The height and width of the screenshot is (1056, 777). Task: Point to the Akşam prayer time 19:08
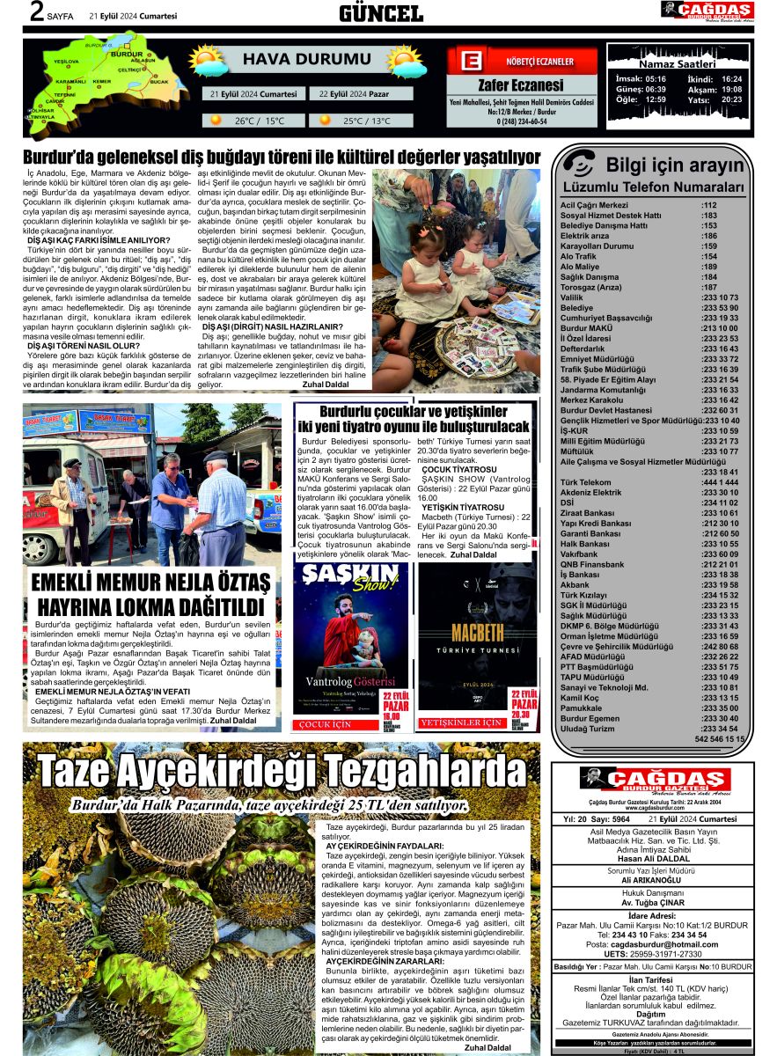[x=731, y=89]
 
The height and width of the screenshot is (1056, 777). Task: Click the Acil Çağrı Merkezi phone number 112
[x=709, y=205]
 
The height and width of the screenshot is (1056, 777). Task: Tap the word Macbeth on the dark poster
[x=476, y=633]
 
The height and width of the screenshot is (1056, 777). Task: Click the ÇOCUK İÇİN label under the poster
[x=326, y=724]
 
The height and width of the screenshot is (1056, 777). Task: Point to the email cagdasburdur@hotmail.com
[x=653, y=943]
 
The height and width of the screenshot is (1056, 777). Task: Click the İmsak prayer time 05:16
[x=656, y=78]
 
